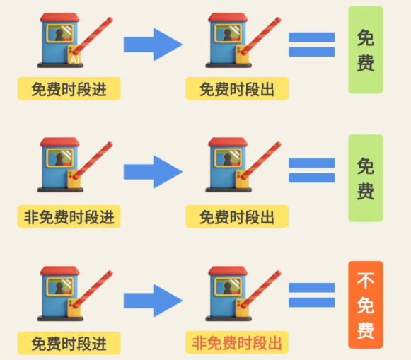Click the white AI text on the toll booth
[x=75, y=59]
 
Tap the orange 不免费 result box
[x=366, y=305]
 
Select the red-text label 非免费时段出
[x=237, y=343]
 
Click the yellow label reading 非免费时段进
[x=69, y=216]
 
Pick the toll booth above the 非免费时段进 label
[x=75, y=165]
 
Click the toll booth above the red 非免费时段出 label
[x=243, y=294]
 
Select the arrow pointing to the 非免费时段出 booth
[x=153, y=301]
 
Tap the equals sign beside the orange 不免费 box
[x=312, y=295]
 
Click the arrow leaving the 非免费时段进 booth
[x=153, y=172]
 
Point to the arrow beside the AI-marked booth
[x=153, y=45]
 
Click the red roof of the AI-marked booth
[x=59, y=17]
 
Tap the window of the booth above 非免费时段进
[x=59, y=158]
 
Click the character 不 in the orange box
[x=366, y=281]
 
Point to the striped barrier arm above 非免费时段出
[x=261, y=289]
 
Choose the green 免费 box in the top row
[x=366, y=50]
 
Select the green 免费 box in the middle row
[x=366, y=178]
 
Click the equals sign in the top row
[x=312, y=45]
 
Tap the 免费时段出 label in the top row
[x=237, y=89]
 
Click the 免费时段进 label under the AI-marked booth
[x=69, y=89]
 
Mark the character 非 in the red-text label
[x=199, y=343]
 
